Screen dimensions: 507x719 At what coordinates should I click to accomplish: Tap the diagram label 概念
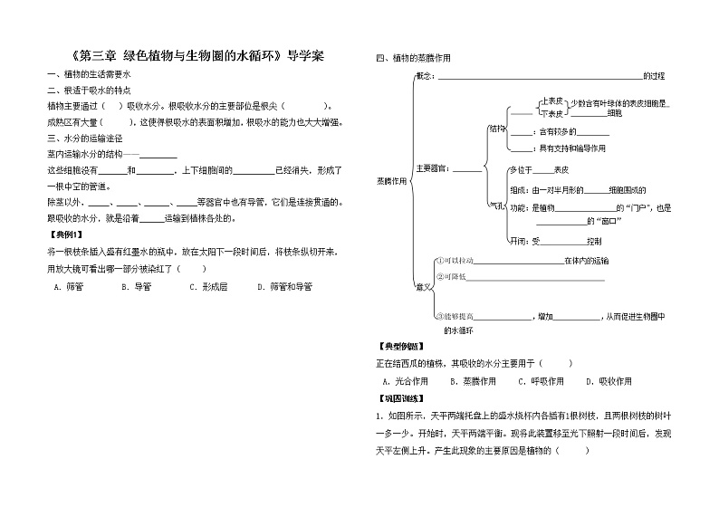pos(425,75)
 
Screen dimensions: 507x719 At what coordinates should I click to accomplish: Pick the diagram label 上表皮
pos(552,102)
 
